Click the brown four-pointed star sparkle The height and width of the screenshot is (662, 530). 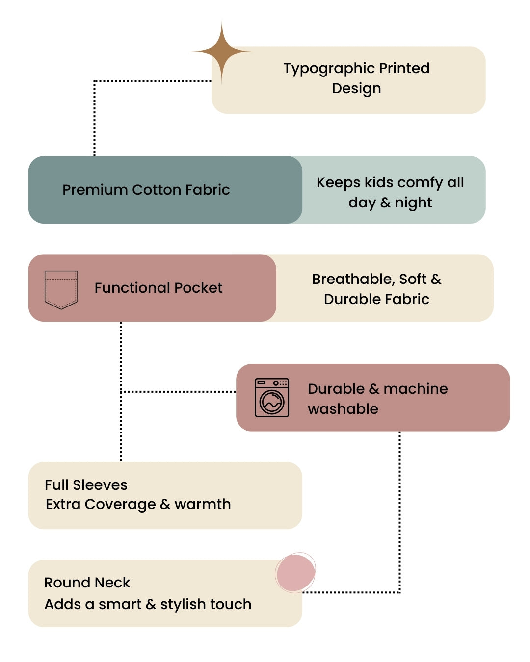tap(222, 51)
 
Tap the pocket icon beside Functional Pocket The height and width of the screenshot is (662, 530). tap(61, 289)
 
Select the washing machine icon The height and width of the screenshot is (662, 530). tap(272, 398)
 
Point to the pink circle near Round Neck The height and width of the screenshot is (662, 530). tap(295, 573)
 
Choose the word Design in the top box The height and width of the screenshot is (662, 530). tap(356, 88)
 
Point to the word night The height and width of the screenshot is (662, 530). tap(413, 203)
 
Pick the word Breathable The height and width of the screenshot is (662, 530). tap(353, 279)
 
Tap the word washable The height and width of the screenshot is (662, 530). tap(343, 409)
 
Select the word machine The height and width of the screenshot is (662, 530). tap(416, 389)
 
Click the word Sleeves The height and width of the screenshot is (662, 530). tap(100, 485)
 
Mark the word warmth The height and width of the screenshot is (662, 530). tap(203, 504)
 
